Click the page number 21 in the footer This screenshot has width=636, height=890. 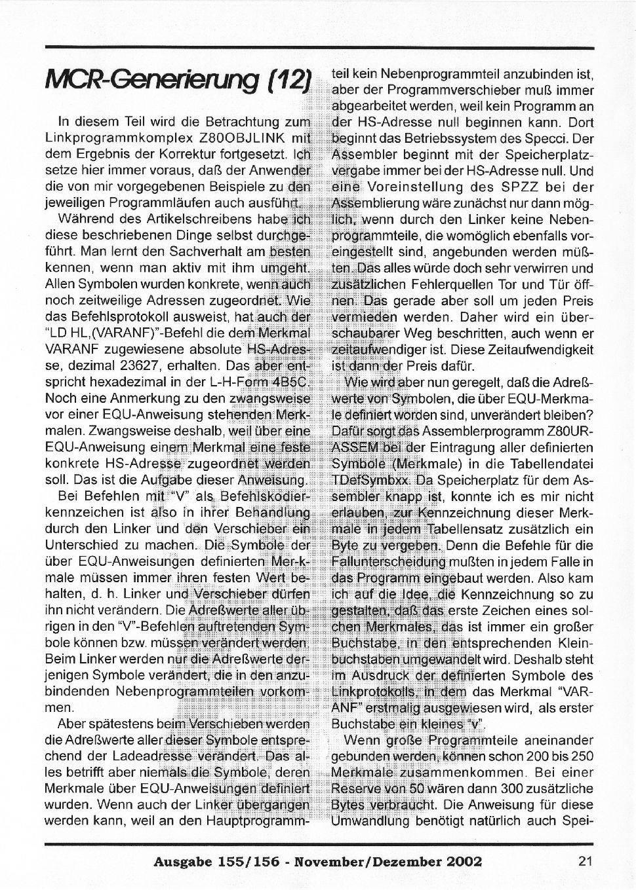point(586,861)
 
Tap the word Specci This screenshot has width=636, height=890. point(559,138)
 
